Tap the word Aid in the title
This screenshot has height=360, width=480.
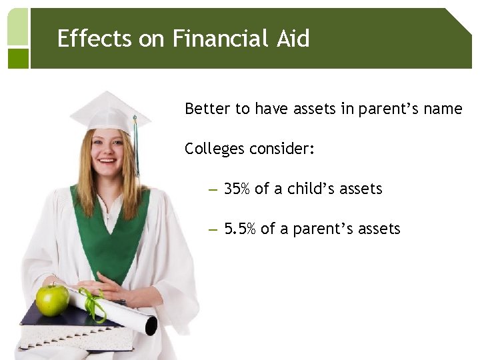293,39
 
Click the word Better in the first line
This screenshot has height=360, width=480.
207,109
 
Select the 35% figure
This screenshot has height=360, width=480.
237,189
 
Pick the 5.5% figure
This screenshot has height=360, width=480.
240,229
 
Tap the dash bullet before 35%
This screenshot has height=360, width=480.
213,190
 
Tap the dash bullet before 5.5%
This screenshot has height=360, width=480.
213,230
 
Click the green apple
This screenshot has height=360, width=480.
52,300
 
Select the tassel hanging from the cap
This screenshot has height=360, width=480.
136,143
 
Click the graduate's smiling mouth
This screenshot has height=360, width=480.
107,161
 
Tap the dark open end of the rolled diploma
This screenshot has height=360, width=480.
151,326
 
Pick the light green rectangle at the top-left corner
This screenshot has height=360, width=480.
18,27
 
